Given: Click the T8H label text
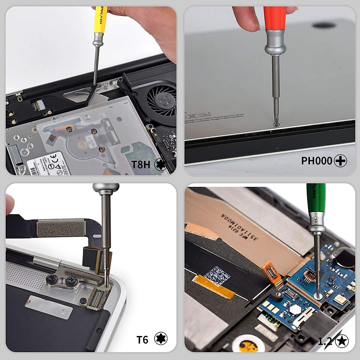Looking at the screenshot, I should click(x=141, y=164).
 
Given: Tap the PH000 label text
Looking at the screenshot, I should click(x=316, y=161).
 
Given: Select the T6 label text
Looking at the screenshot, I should click(x=142, y=340).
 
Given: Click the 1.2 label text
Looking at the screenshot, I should click(x=325, y=341).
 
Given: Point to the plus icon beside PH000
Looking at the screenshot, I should click(x=340, y=161).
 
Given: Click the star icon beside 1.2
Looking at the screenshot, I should click(x=342, y=341).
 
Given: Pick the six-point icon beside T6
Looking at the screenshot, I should click(x=161, y=339).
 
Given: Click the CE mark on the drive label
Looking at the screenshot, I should click(x=53, y=157).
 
